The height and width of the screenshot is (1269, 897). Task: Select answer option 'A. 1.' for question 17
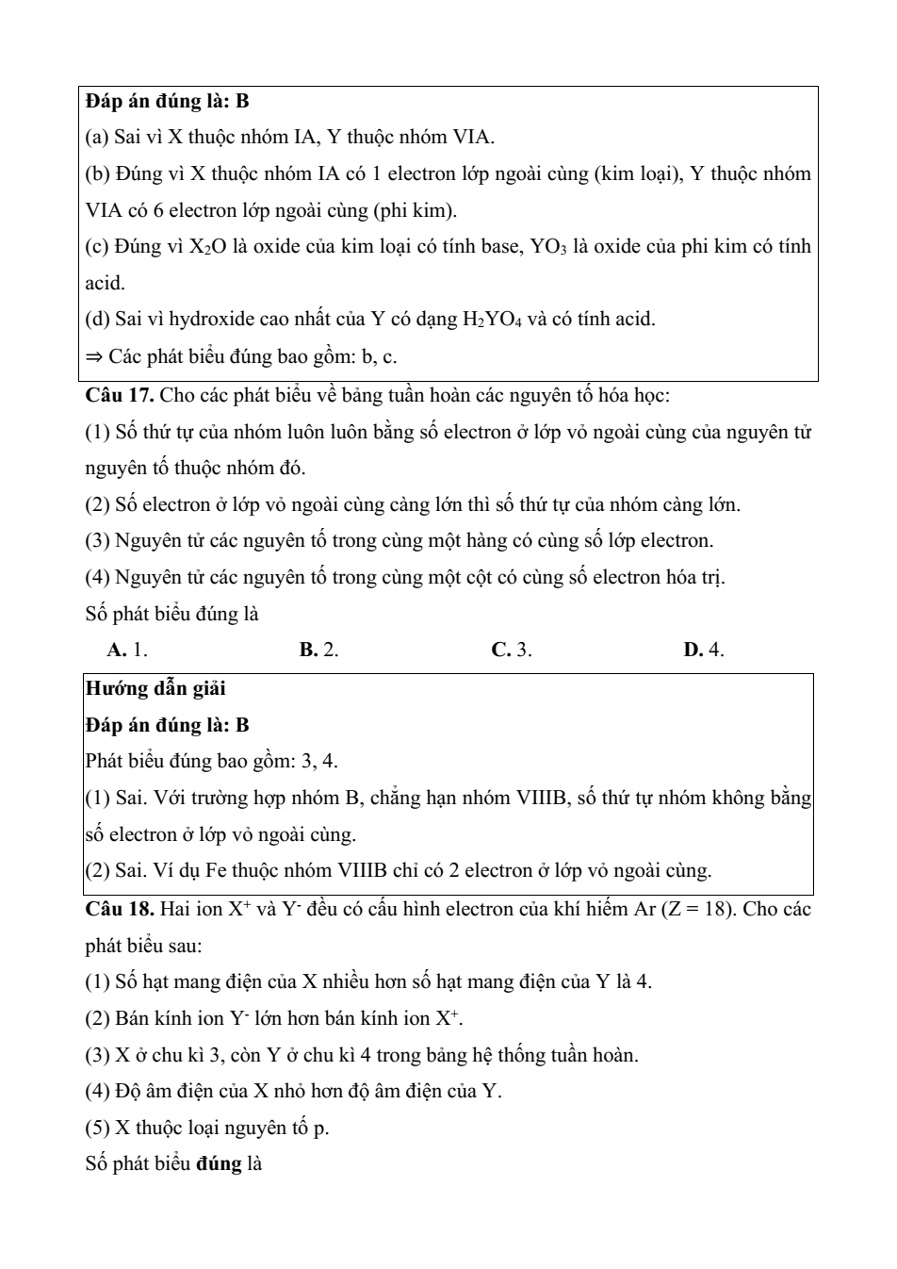click(x=127, y=650)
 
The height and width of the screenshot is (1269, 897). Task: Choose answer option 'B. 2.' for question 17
click(x=319, y=650)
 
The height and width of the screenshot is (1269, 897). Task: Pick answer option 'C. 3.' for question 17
click(x=512, y=650)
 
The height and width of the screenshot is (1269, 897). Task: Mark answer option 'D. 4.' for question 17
click(x=704, y=650)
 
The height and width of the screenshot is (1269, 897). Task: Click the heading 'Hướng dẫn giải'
click(x=155, y=688)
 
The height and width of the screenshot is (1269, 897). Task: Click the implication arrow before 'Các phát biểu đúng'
click(x=93, y=357)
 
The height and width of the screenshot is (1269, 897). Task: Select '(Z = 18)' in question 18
click(x=698, y=910)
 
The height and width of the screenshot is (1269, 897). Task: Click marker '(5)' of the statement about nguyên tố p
click(x=98, y=1128)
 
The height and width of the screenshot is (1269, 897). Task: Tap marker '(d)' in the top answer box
click(x=98, y=320)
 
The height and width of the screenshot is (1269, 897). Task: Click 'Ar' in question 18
click(x=645, y=910)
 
